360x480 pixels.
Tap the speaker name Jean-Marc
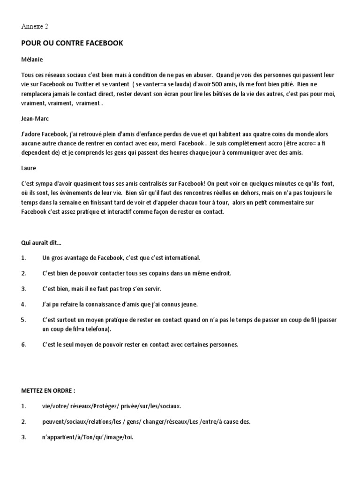[35, 119]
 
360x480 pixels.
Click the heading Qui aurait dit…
[41, 243]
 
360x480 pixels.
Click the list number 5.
[23, 320]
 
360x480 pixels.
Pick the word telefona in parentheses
[93, 330]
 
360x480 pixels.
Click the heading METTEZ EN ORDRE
[48, 390]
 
